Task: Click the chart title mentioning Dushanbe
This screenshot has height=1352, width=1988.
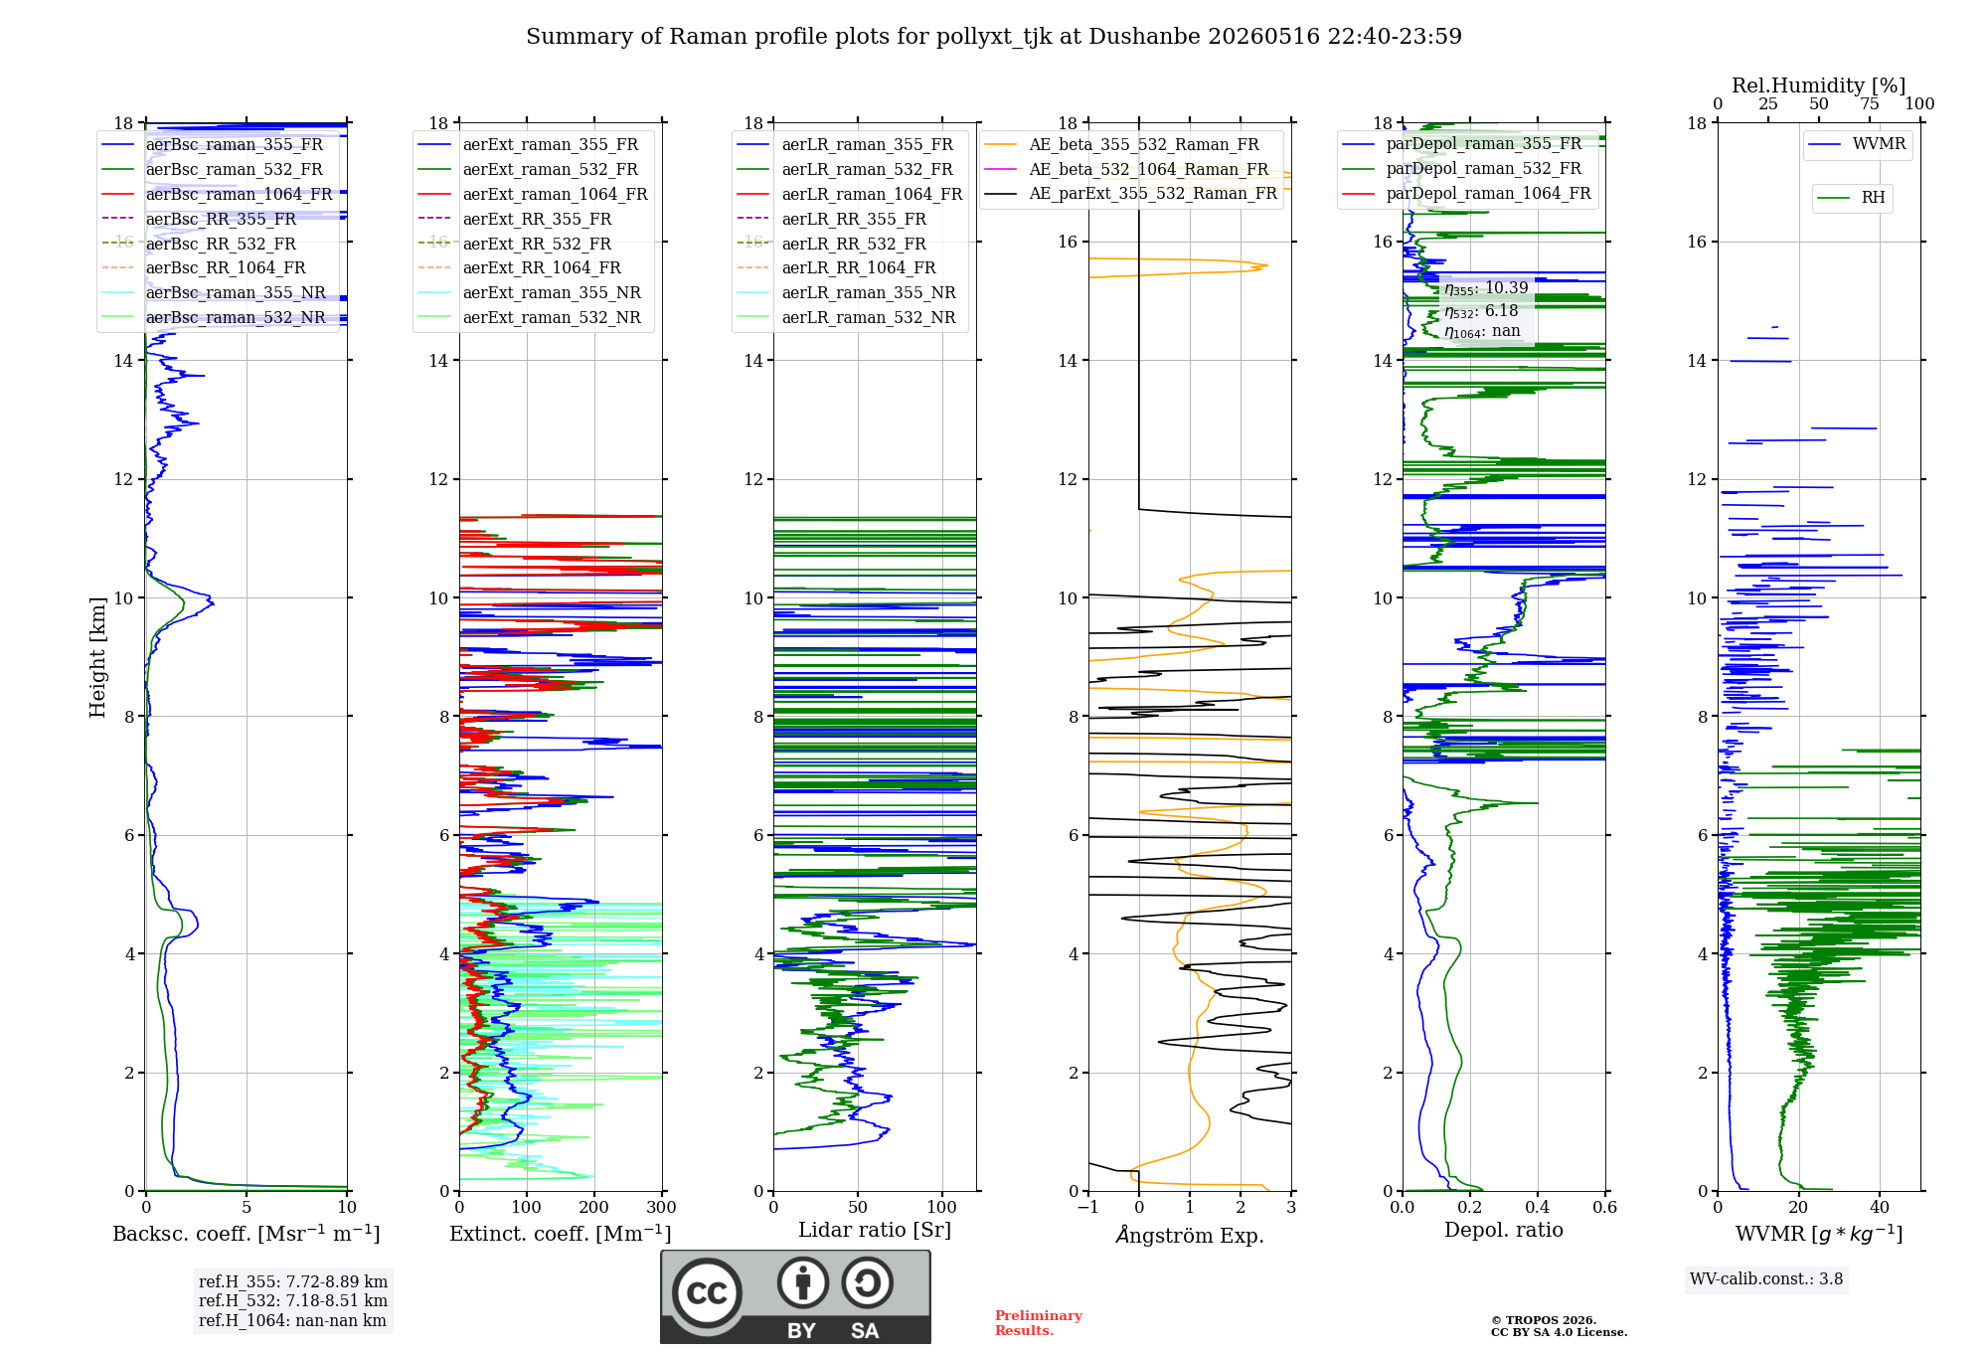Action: click(x=994, y=37)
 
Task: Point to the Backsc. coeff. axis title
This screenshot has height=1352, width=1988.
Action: click(x=247, y=1233)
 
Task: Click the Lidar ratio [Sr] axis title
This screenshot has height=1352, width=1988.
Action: click(x=875, y=1230)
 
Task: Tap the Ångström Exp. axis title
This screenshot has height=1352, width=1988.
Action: click(x=1190, y=1234)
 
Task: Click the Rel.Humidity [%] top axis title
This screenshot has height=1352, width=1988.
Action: click(x=1819, y=85)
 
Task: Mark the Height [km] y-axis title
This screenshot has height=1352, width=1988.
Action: click(x=97, y=657)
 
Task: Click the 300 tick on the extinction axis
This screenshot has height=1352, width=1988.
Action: click(x=662, y=1207)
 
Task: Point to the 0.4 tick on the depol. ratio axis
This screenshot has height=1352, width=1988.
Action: click(x=1538, y=1207)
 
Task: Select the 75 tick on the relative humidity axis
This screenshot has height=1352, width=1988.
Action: click(x=1870, y=103)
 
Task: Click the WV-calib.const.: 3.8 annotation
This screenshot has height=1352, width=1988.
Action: click(x=1766, y=1279)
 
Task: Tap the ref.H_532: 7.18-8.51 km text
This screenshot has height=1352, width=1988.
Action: click(x=293, y=1300)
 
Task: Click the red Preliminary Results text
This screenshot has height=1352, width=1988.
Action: click(x=1039, y=1323)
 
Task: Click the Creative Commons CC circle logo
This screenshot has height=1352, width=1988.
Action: click(x=707, y=1293)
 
